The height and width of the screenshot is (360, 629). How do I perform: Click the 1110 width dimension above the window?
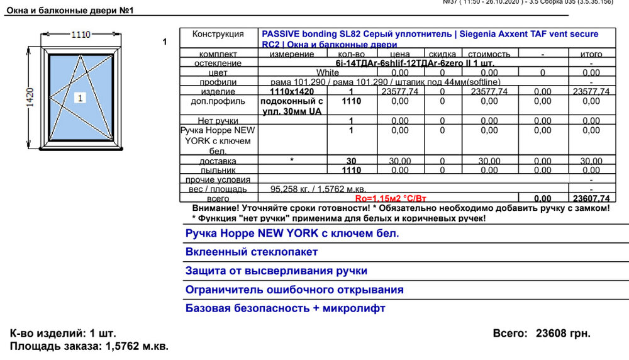(x=80, y=35)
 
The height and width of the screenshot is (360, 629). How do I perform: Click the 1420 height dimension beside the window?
(x=30, y=98)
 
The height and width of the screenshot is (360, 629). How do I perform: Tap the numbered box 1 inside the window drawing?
(x=80, y=98)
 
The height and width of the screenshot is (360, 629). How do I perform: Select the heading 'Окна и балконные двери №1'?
(x=70, y=11)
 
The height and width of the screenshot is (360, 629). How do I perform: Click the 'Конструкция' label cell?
(x=218, y=34)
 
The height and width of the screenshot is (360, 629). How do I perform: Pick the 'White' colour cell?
(x=327, y=72)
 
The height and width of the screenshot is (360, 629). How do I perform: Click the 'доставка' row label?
(x=218, y=161)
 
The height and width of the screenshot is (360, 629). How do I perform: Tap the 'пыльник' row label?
(x=218, y=170)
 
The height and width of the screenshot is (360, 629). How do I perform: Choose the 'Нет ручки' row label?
(x=218, y=120)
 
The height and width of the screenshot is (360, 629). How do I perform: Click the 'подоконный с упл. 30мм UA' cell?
(x=292, y=106)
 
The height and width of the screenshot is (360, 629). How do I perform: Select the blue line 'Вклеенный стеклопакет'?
(x=252, y=252)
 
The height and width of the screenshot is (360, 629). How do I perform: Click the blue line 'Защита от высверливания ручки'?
(x=276, y=271)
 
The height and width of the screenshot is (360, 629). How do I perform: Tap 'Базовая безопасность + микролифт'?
(x=285, y=308)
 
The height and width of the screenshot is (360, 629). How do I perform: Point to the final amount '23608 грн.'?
(x=563, y=333)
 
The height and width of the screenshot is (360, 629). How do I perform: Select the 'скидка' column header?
(x=442, y=55)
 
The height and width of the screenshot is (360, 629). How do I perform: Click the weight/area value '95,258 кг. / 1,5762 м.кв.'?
(x=318, y=189)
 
